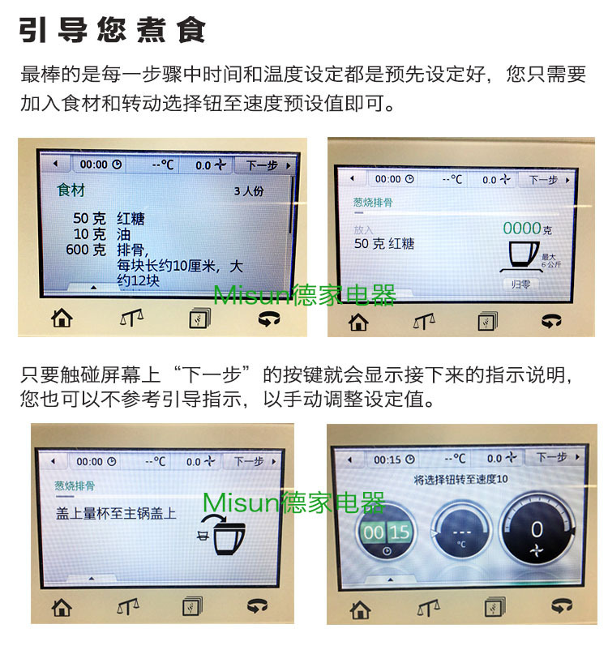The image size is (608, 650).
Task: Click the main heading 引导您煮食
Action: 112,30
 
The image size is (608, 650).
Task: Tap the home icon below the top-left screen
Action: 62,319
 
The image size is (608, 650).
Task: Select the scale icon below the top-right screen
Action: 424,321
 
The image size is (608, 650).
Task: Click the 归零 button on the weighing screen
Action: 520,284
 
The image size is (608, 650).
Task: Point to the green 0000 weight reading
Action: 522,228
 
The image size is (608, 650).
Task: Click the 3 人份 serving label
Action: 248,191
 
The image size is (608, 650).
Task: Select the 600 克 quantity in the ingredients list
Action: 86,250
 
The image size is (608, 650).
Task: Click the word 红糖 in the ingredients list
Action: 131,219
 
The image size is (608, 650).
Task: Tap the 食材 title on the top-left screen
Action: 71,190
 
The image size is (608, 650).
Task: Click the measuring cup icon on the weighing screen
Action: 523,257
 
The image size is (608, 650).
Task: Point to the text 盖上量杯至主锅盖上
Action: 116,514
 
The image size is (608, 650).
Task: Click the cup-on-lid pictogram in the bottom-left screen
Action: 222,534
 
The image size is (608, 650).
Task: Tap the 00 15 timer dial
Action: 387,532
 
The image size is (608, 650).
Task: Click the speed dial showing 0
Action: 537,532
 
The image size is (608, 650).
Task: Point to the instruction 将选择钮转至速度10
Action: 460,480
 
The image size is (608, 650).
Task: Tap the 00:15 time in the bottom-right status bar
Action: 387,460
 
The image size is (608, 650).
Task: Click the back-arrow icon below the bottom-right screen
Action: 562,605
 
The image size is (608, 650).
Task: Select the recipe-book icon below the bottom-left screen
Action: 192,606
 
